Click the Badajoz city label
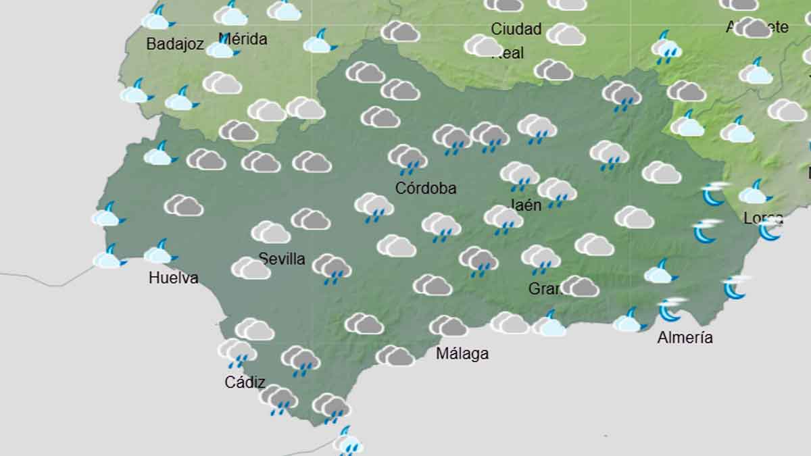tap(175, 45)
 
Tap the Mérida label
tap(243, 39)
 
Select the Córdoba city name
tap(426, 188)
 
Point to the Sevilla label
tap(282, 259)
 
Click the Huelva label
tap(173, 278)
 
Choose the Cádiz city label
tap(245, 382)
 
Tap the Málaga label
tap(462, 353)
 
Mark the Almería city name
tap(685, 338)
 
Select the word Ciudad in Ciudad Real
tap(516, 29)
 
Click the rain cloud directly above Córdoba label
tap(408, 158)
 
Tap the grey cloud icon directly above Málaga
tap(449, 327)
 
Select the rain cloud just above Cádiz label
tap(237, 352)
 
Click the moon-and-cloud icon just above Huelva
tap(159, 253)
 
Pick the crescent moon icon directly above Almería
tap(671, 309)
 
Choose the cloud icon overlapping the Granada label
tap(579, 286)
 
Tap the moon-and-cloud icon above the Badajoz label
tap(157, 19)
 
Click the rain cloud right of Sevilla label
tap(332, 268)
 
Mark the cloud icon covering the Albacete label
tap(753, 28)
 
